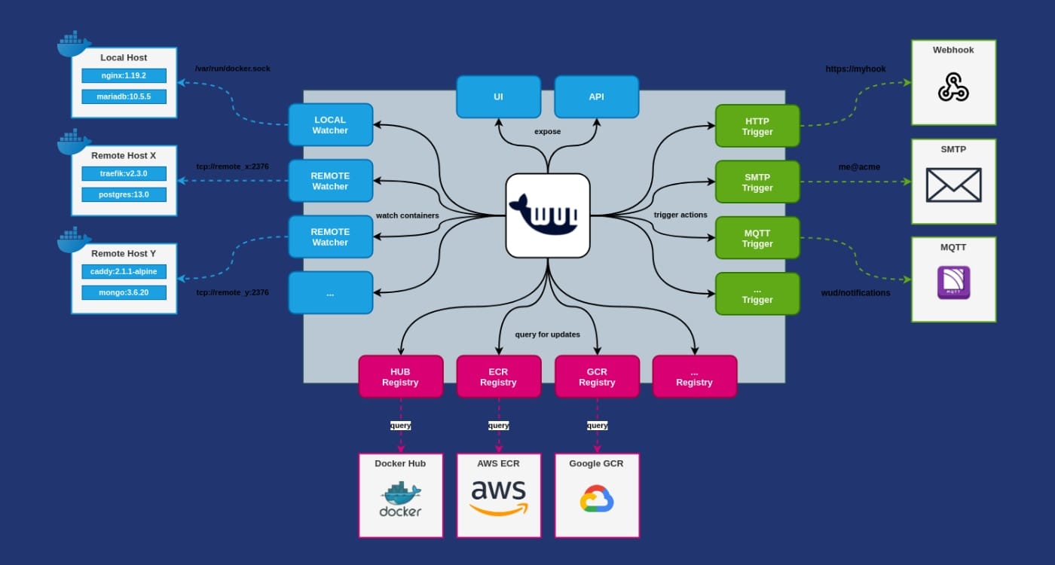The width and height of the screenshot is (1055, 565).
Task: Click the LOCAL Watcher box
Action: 330,125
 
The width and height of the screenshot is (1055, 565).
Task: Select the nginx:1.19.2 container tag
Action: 124,75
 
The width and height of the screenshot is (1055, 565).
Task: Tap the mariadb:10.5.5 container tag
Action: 124,96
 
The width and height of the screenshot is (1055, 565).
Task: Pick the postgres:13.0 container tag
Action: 124,194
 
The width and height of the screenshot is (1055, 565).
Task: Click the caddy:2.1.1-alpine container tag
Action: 124,271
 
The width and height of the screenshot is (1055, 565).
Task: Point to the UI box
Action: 498,96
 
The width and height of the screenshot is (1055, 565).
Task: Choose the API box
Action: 596,96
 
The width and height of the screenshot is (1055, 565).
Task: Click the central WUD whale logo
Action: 547,215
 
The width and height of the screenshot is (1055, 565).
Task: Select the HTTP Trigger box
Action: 757,126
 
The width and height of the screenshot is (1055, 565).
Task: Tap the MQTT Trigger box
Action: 757,238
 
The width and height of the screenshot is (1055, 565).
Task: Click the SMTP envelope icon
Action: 953,185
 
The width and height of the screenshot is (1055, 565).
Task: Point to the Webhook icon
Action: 953,87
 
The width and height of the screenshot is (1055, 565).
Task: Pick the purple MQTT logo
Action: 953,282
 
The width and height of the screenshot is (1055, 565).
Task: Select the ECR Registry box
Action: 498,377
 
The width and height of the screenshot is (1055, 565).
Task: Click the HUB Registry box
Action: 400,377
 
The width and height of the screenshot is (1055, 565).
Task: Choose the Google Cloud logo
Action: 597,499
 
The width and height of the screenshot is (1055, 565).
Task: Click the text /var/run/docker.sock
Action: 232,69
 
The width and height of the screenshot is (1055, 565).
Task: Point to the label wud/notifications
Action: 855,292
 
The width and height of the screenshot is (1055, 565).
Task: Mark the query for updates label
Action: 547,334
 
